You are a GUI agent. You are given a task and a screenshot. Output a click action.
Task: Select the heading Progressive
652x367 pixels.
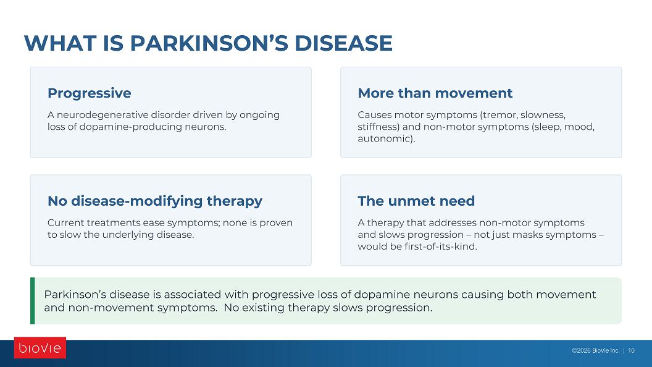tap(90, 93)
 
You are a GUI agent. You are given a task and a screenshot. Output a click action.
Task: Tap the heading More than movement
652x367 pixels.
tap(435, 93)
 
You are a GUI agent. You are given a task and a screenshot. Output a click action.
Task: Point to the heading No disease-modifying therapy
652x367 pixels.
tap(155, 201)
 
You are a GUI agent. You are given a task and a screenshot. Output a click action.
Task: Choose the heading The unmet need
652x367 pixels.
tap(416, 201)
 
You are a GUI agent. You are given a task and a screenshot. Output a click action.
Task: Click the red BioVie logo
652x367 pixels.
tap(40, 347)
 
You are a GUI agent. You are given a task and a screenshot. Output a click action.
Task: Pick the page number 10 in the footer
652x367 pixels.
tap(631, 350)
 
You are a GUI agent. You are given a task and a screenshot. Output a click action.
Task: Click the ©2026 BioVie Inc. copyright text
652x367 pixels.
tap(595, 350)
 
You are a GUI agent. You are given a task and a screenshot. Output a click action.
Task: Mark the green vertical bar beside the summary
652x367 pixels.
tap(33, 300)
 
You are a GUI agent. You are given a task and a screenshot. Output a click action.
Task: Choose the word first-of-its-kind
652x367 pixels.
tap(441, 247)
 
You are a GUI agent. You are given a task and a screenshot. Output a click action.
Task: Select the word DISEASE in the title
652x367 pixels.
tap(343, 43)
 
